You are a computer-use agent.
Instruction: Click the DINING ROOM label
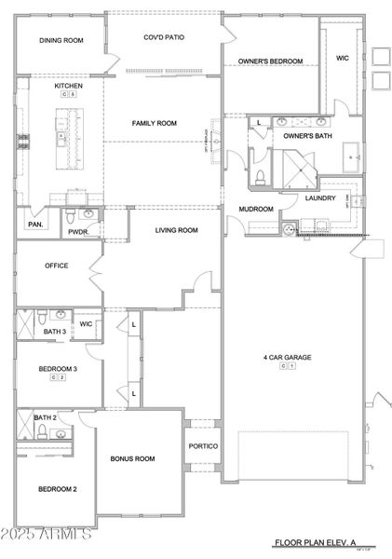61,41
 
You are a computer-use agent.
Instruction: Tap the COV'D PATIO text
161,38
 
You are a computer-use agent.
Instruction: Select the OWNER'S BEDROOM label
270,61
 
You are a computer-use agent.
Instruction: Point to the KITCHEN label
68,86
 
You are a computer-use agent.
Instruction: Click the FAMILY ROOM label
154,123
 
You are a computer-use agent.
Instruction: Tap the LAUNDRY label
320,198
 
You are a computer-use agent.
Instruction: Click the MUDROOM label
256,210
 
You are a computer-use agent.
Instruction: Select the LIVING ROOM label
176,230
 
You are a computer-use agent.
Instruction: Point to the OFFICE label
57,266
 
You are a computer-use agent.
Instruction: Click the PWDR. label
77,233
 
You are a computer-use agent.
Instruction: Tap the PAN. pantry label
35,225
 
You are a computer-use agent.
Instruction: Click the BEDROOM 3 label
57,369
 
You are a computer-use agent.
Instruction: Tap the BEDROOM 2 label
57,489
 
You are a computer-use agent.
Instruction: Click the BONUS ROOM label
132,458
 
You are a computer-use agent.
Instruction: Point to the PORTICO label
203,446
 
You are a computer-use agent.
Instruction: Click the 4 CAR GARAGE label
288,357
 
